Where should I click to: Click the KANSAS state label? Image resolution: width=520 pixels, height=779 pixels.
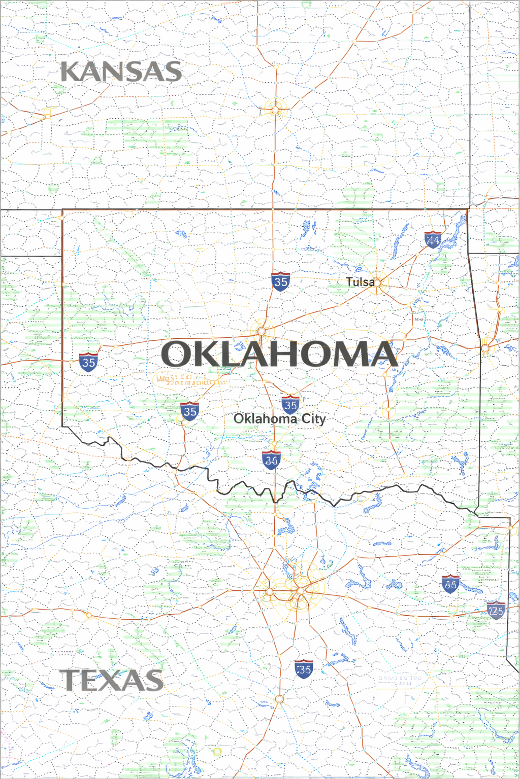(x=121, y=72)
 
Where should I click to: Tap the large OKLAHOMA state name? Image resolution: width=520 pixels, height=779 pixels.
(x=279, y=354)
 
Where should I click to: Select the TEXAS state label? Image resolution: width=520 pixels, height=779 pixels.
(x=112, y=680)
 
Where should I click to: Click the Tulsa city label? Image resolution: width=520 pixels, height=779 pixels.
(x=360, y=282)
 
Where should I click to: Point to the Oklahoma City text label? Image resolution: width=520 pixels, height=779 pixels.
(x=279, y=419)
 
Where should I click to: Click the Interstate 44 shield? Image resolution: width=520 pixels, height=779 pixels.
(x=433, y=239)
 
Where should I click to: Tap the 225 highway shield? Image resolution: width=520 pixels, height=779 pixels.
(x=495, y=611)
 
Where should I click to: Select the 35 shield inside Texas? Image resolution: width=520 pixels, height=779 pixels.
(x=304, y=669)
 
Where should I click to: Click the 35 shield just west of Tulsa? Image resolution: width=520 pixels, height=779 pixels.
(x=280, y=281)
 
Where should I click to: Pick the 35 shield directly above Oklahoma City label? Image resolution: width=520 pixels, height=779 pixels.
(x=290, y=405)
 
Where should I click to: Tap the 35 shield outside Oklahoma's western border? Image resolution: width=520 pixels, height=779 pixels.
(x=88, y=362)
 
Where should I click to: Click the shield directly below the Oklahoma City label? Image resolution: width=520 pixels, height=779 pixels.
(x=272, y=460)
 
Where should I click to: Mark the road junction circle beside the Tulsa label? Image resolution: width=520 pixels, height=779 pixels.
(x=379, y=282)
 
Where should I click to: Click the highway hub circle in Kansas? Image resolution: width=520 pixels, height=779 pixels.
(x=275, y=109)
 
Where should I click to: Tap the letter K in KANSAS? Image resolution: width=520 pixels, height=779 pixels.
(x=71, y=72)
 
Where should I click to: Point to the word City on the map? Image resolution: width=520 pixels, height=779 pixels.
(x=314, y=419)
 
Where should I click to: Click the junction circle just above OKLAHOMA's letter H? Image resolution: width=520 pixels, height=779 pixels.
(x=262, y=331)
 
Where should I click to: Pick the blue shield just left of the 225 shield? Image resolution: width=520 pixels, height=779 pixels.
(x=450, y=584)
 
